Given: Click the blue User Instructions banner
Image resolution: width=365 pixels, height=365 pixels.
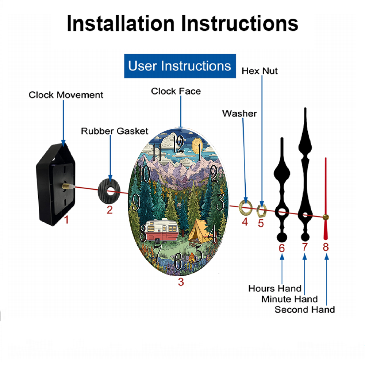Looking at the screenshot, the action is pyautogui.click(x=180, y=66).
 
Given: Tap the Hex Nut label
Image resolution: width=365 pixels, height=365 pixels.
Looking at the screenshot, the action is pyautogui.click(x=260, y=71).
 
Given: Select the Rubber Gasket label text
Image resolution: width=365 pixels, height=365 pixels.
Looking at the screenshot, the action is pyautogui.click(x=115, y=131).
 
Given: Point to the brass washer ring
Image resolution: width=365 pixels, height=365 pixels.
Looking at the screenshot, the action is pyautogui.click(x=246, y=207).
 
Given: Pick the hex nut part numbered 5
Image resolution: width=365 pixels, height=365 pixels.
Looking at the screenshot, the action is pyautogui.click(x=261, y=210).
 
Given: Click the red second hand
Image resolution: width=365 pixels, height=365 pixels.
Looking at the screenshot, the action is pyautogui.click(x=326, y=199).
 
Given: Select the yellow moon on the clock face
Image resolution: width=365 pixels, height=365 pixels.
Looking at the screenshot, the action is pyautogui.click(x=197, y=146).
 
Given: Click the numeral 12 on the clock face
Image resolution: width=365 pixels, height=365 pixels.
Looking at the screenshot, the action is pyautogui.click(x=179, y=144).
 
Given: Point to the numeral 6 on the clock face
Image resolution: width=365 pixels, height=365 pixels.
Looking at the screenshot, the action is pyautogui.click(x=178, y=261).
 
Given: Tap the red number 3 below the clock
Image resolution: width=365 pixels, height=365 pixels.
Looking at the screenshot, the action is pyautogui.click(x=181, y=282).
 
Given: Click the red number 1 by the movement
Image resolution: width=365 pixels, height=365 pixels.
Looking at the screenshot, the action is pyautogui.click(x=66, y=220).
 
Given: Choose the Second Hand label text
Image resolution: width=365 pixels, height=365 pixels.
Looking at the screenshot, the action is pyautogui.click(x=305, y=310).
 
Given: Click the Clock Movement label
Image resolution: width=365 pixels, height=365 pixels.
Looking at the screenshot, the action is pyautogui.click(x=66, y=95).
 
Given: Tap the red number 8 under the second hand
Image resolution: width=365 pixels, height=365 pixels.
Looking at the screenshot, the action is pyautogui.click(x=326, y=247).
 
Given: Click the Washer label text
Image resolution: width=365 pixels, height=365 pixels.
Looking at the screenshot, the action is pyautogui.click(x=239, y=114).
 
